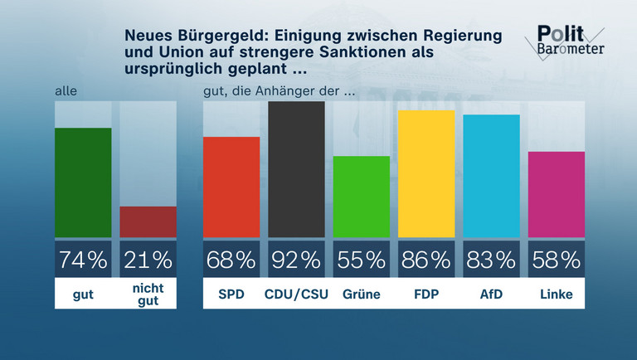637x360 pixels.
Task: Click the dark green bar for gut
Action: click(83, 183)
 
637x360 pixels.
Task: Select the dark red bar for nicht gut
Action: click(148, 221)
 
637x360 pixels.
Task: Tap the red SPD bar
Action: click(231, 187)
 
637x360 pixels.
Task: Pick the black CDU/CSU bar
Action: click(296, 170)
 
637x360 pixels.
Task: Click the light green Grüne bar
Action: click(362, 197)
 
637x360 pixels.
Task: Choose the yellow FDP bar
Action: click(426, 174)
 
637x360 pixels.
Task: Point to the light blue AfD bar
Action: click(491, 176)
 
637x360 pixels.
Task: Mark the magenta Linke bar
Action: click(557, 194)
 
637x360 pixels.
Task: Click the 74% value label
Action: click(83, 260)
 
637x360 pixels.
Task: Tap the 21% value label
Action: click(148, 260)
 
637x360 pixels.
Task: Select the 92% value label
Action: click(296, 260)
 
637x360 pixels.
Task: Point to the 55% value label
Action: click(362, 260)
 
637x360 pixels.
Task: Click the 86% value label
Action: click(426, 260)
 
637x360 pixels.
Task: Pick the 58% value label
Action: click(557, 260)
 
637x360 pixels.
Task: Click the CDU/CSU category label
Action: click(296, 294)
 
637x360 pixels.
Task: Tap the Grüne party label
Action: click(362, 294)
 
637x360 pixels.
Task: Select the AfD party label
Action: click(491, 294)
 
